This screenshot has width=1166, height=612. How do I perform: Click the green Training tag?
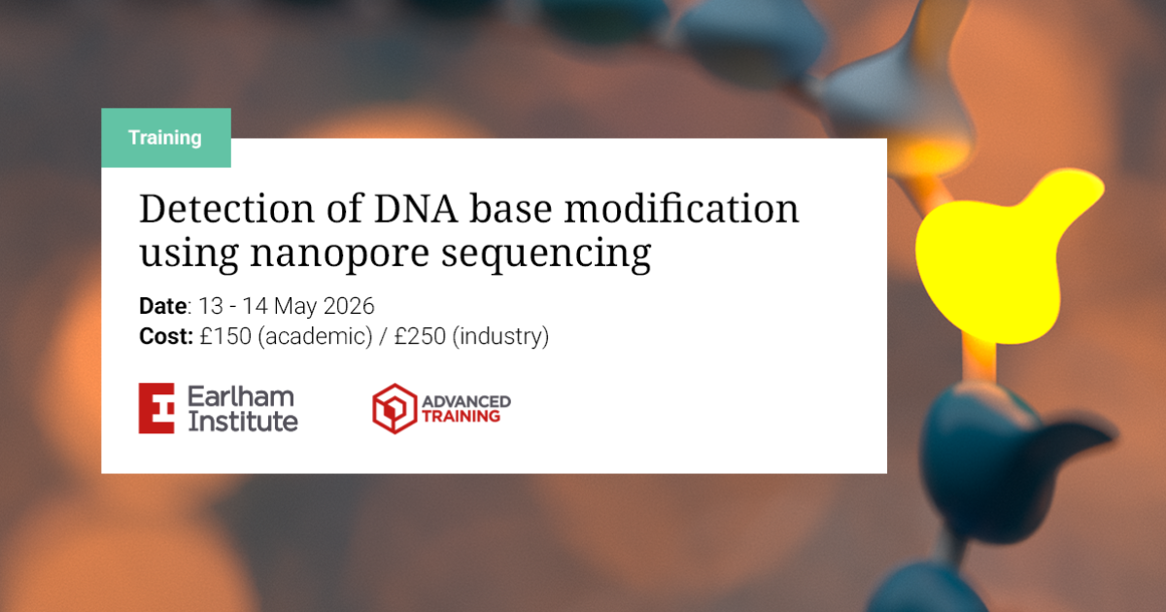pos(166,137)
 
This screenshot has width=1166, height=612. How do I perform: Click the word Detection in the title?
pos(226,209)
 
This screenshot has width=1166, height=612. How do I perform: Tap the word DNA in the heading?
pos(416,209)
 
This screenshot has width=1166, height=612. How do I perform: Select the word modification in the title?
pos(681,209)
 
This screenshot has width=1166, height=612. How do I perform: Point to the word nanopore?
pos(339,255)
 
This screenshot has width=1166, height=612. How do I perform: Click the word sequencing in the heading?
pos(546,255)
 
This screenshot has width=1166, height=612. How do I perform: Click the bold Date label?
pos(163,306)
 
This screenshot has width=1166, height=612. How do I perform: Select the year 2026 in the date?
pos(349,306)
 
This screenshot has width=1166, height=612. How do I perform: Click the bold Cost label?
pos(166,336)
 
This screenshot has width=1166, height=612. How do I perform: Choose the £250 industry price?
pos(420,336)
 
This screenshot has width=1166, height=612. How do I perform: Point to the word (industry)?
pos(500,337)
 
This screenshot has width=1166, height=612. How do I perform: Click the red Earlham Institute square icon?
pos(156,409)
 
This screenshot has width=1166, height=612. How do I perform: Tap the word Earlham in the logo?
pos(241,396)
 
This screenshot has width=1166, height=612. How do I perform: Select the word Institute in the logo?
pos(243,421)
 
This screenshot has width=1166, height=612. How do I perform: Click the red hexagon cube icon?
pos(394,409)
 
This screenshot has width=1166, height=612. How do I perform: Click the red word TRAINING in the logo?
pos(461,417)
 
